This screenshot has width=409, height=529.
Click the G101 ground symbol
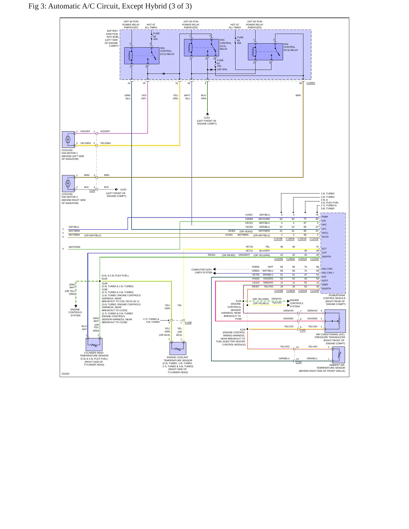(207, 114)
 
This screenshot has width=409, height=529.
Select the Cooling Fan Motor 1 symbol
(68, 139)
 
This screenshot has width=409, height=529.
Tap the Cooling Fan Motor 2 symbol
(68, 184)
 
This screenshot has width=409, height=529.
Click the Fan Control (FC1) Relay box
(142, 56)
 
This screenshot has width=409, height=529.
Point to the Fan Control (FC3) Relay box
(265, 52)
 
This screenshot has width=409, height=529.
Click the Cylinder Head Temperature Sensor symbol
(94, 345)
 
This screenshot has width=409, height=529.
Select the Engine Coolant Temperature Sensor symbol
(178, 348)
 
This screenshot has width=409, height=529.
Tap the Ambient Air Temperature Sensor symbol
(339, 355)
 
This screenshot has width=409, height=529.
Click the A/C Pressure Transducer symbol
(335, 321)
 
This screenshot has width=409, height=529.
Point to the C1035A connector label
(311, 83)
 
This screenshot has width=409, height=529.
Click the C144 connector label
(92, 191)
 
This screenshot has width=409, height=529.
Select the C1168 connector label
(188, 322)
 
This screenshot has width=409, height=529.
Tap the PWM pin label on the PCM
(325, 217)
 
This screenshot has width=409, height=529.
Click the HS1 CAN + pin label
(328, 273)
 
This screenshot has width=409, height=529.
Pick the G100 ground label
(123, 190)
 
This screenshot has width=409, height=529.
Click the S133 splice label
(239, 301)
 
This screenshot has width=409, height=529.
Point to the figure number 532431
(66, 374)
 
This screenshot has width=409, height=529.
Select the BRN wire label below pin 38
(298, 95)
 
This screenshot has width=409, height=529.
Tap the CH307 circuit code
(249, 215)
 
